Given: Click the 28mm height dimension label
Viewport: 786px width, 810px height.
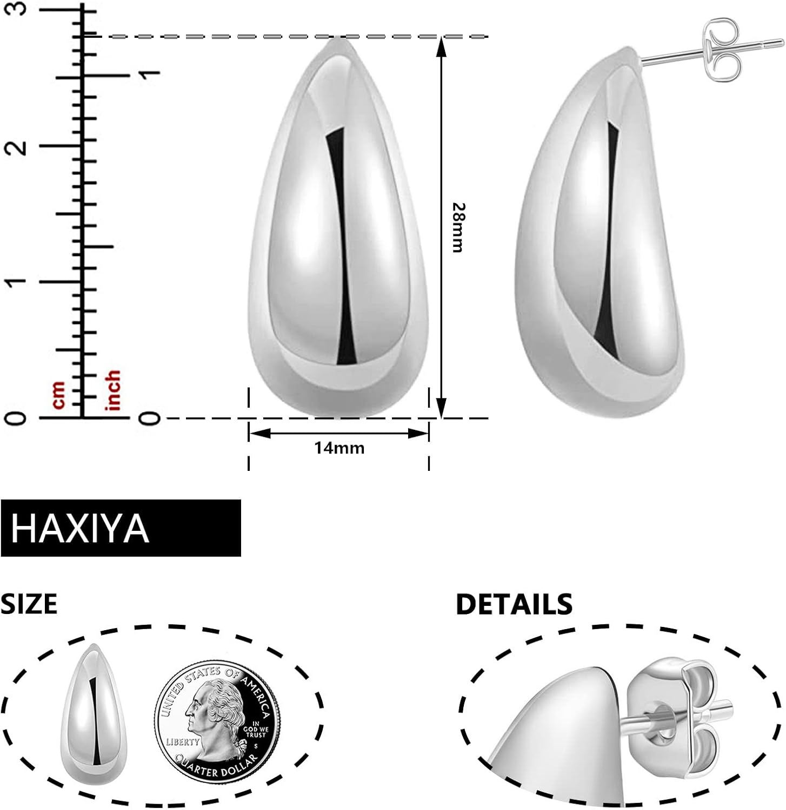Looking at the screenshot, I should (458, 227).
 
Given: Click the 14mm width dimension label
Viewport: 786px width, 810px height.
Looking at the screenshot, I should (339, 448).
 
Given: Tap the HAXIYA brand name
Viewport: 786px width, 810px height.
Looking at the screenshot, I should (80, 528).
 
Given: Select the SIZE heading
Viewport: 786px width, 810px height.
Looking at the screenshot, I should (29, 604).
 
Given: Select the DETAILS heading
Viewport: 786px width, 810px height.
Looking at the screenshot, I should (514, 604).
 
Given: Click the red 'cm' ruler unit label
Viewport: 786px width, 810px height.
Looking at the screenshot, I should (58, 394).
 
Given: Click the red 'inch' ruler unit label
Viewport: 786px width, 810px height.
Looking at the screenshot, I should (114, 390).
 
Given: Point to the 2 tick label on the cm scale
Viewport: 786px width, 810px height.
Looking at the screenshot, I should (17, 146).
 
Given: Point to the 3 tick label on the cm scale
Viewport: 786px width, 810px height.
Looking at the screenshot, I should (17, 10).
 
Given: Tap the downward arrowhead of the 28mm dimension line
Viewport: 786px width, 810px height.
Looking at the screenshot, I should (441, 407).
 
